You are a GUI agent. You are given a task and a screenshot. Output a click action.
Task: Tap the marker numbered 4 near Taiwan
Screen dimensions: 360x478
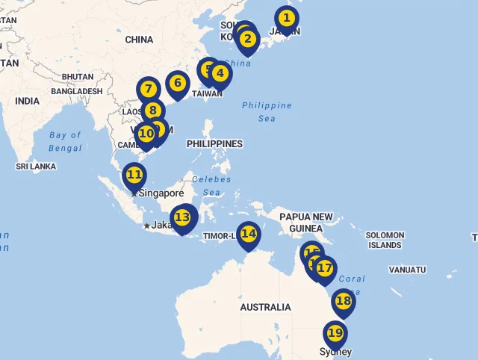(x=219, y=74)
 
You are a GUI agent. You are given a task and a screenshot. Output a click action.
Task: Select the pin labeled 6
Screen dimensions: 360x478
(x=177, y=83)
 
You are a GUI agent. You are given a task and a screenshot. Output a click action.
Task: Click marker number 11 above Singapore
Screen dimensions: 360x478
(x=134, y=176)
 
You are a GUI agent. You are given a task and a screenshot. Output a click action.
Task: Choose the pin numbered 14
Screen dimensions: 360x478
(x=249, y=234)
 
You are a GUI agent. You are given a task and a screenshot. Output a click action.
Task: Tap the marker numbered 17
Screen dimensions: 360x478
(x=324, y=267)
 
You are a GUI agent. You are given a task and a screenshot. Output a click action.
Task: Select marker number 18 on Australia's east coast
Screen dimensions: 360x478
(x=343, y=301)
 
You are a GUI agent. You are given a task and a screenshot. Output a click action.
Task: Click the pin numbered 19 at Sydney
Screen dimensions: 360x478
(x=335, y=333)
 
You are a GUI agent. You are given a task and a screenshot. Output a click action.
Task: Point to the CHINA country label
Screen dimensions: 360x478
(x=139, y=40)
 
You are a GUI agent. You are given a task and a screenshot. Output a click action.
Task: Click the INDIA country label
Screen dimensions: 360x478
(x=27, y=101)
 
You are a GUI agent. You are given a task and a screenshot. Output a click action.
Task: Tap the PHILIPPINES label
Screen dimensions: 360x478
(x=214, y=143)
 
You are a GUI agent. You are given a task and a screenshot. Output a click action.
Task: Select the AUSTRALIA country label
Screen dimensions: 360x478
(x=265, y=307)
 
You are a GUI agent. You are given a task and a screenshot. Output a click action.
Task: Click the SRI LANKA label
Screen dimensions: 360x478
(x=36, y=167)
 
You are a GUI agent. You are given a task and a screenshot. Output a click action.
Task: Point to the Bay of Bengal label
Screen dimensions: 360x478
(x=65, y=141)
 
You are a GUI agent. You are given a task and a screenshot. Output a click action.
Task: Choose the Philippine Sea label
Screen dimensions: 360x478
(x=267, y=111)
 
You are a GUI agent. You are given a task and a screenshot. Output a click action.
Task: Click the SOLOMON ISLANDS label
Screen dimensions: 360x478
(x=385, y=240)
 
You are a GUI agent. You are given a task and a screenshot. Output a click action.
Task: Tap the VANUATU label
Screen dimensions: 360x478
(x=407, y=270)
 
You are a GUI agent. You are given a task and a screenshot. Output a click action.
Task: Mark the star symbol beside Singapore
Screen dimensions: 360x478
(x=134, y=193)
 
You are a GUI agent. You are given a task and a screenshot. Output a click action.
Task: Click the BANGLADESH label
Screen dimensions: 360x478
(x=77, y=91)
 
